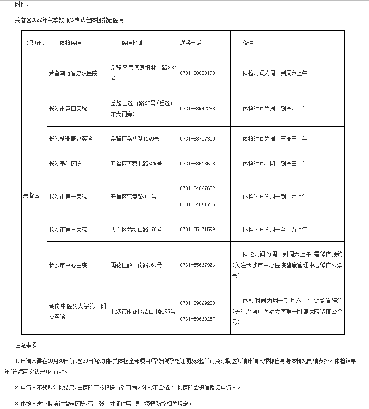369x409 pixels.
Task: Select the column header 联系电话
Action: point(191,43)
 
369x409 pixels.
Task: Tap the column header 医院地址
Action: point(132,43)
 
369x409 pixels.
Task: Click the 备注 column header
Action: point(248,43)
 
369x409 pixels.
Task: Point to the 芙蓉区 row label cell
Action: point(32,195)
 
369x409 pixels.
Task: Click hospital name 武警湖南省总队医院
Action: point(73,73)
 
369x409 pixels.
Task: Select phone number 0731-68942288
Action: point(197,109)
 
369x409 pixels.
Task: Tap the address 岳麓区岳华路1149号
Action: point(135,139)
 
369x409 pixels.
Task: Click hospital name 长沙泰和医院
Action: point(65,164)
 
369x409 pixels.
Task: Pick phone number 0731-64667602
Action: point(197,188)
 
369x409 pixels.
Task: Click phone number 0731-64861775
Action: point(197,204)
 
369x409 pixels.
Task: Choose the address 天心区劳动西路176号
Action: point(136,229)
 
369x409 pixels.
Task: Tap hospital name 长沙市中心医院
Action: point(68,264)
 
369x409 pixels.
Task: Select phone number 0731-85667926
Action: point(197,265)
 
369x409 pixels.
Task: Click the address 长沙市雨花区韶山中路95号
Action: point(143,311)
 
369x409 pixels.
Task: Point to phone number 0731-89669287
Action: point(197,319)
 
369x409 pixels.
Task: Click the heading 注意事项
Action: point(27,345)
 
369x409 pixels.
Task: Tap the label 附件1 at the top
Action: point(23,4)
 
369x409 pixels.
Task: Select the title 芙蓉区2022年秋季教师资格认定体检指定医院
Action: point(69,20)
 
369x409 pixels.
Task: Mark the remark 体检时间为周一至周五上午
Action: point(275,229)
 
